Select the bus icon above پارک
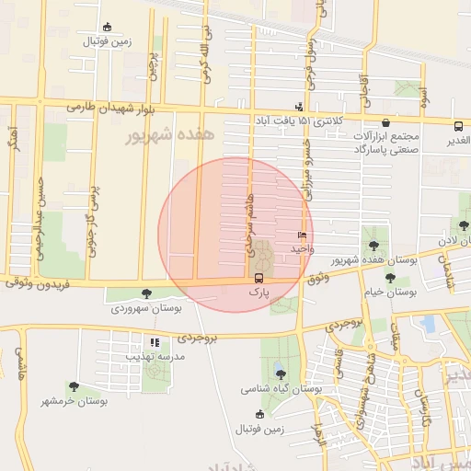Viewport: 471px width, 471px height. (258, 277)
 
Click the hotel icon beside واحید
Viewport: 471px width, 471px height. (302, 236)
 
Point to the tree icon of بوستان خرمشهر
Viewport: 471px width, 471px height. (74, 387)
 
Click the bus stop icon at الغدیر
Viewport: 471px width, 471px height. (458, 126)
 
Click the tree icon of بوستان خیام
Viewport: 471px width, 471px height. (390, 278)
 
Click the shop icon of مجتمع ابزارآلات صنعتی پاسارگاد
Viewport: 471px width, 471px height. (385, 122)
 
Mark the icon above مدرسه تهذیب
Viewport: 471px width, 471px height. (155, 342)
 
